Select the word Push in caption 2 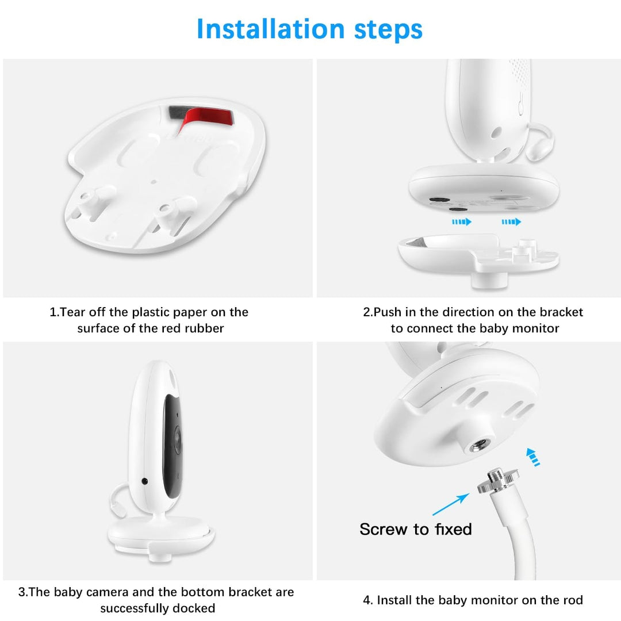click(388, 312)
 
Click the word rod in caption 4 click(572, 600)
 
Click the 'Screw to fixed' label click(415, 529)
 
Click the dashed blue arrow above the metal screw click(533, 457)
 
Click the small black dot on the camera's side click(144, 481)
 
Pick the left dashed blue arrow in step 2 click(461, 221)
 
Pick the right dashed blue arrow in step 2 click(511, 221)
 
